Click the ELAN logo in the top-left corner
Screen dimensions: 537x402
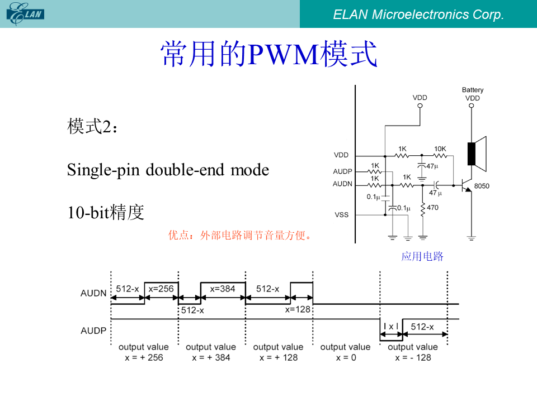[25, 13]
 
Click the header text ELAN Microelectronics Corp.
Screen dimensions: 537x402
[418, 15]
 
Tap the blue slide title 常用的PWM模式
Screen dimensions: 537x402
[269, 54]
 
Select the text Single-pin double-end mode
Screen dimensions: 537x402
[168, 170]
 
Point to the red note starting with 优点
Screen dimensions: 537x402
[240, 235]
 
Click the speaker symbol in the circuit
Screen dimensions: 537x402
[477, 154]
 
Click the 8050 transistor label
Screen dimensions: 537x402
[482, 186]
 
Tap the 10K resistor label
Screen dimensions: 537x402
[440, 149]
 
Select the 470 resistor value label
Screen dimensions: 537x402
[432, 208]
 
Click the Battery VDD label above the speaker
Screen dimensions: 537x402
[473, 94]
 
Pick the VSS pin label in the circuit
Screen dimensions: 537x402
[341, 214]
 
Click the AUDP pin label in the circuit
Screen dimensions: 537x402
[342, 171]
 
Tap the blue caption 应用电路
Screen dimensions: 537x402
[422, 256]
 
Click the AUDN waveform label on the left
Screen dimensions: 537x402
[93, 293]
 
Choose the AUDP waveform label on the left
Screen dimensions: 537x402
[93, 331]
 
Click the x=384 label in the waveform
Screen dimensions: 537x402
[223, 289]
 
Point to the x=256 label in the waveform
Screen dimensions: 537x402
[161, 289]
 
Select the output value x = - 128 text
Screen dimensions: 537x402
[413, 352]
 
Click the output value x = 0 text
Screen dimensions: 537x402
[346, 352]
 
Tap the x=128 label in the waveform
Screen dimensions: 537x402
[298, 309]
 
